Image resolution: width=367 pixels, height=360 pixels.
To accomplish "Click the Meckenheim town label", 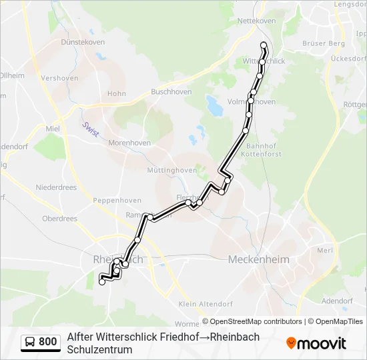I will [257, 259].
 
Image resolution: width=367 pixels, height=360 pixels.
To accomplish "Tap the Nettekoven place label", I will [257, 21].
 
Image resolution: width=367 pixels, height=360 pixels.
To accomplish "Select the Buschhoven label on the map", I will [171, 92].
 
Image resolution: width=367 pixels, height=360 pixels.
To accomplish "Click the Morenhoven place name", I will [130, 143].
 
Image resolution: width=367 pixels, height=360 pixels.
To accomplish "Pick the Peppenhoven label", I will [115, 200].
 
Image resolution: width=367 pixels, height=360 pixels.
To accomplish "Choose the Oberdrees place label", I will [59, 218].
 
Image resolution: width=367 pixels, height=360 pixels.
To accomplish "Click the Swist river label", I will [91, 129].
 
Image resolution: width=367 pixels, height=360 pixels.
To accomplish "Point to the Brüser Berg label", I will [324, 43].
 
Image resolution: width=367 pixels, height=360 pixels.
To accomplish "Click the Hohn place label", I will [116, 94].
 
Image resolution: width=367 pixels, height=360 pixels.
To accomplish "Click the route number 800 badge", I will [47, 342].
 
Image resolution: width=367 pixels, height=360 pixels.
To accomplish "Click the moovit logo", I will [316, 343].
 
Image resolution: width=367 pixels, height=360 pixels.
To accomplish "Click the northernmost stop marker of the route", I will [264, 45].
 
